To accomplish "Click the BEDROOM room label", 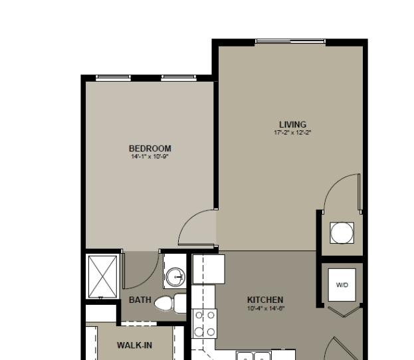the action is point(150,148).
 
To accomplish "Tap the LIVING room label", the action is point(293,124).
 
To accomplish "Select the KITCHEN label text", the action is point(265,300).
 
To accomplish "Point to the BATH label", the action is point(140,300).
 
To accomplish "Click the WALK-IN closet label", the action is point(134,345).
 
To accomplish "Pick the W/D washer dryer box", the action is point(342,285).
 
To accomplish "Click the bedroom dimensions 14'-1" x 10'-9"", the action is point(150,157).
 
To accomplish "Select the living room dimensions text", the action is point(293,132).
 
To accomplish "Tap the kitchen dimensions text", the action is point(266,308).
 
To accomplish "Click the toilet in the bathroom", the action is point(170,304).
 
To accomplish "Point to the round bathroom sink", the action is point(175,276).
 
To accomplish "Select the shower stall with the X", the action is point(102,276).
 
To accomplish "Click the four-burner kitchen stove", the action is point(205,323).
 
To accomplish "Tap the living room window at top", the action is point(290,41).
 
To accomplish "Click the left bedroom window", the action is point(113,77).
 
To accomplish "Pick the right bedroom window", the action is point(179,77).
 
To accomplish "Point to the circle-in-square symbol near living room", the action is point(342,232).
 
